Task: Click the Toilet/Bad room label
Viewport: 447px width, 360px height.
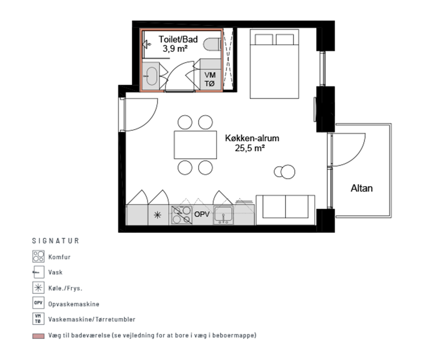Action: [x=178, y=39]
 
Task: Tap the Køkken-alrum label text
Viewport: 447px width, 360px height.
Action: [x=252, y=138]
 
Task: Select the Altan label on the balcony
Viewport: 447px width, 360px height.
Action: [x=362, y=188]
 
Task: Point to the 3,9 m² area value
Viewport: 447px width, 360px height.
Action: [x=175, y=49]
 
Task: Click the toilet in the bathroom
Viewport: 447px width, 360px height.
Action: [x=212, y=44]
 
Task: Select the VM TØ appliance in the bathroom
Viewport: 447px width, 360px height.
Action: [x=210, y=79]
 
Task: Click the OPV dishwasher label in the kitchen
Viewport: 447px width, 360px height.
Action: [x=202, y=214]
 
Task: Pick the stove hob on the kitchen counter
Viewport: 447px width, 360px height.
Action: [x=182, y=215]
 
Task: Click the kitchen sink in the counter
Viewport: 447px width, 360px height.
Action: [x=224, y=215]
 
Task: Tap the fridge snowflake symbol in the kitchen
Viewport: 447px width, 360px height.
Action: [x=157, y=215]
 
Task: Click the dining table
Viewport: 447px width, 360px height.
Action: [x=195, y=145]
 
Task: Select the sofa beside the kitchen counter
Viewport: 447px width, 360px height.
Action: [x=285, y=209]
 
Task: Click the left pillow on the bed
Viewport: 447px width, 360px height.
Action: [x=264, y=39]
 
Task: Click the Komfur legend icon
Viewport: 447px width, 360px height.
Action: [x=38, y=256]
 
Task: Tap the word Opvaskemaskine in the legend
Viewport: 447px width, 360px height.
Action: [x=74, y=304]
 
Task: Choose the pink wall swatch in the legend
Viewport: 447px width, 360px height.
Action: [x=38, y=336]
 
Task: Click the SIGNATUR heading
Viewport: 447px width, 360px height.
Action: [x=56, y=241]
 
